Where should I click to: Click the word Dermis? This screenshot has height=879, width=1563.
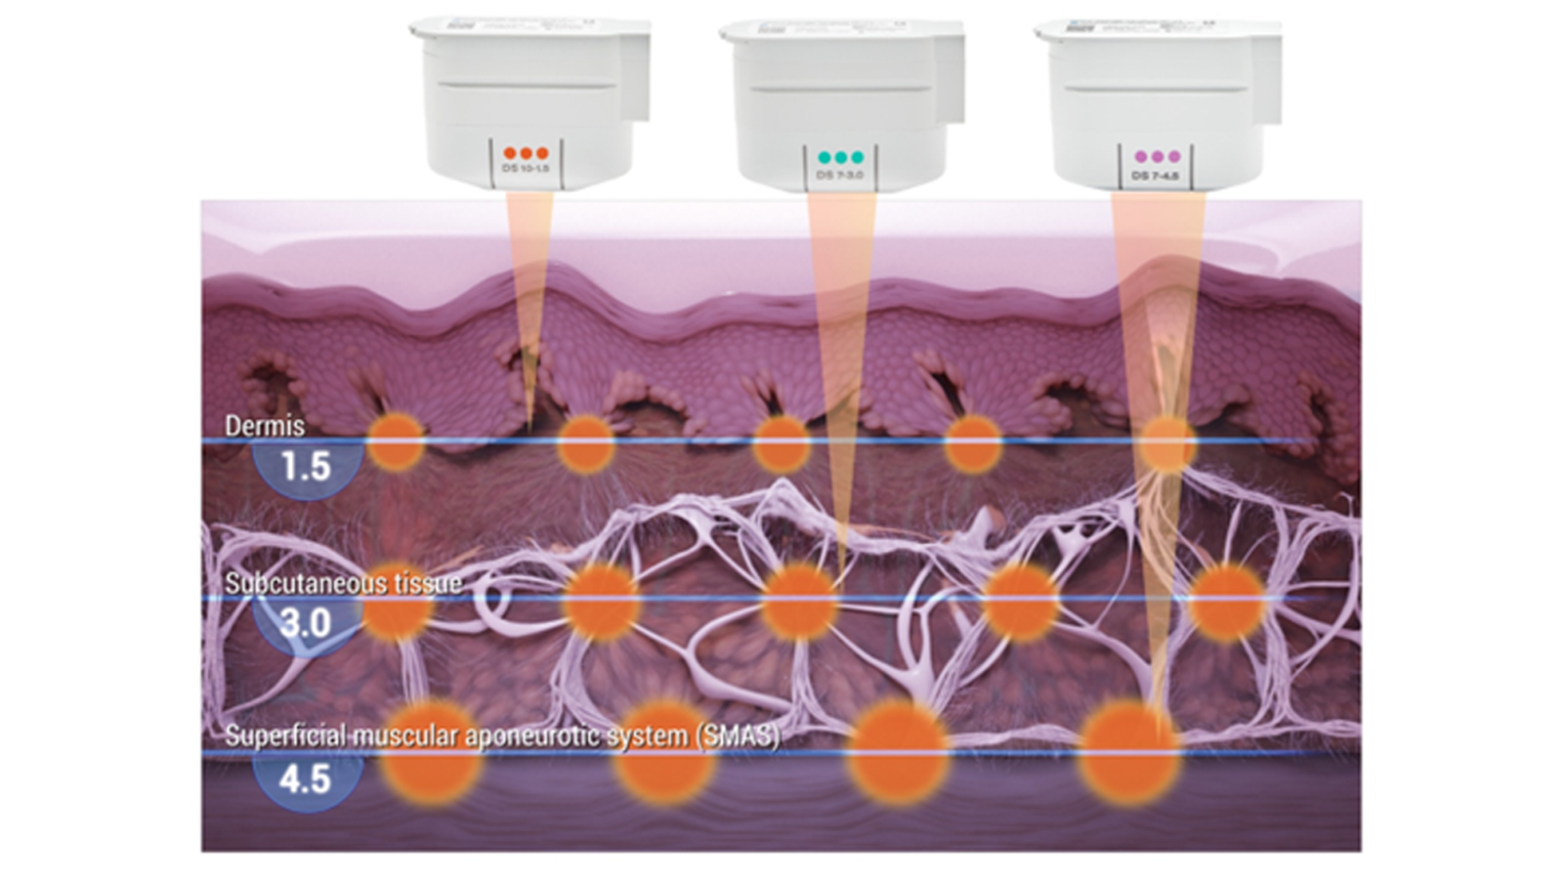tap(265, 426)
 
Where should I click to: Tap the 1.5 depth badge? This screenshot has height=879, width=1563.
tap(306, 467)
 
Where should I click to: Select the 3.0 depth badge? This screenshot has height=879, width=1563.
tap(306, 623)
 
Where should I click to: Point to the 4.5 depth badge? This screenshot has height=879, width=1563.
tap(306, 779)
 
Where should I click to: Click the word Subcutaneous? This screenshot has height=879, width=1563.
tap(302, 583)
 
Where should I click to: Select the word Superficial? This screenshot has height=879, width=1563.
tap(284, 735)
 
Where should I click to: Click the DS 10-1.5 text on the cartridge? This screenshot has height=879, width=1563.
tap(526, 169)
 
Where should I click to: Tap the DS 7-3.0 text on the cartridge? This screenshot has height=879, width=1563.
tap(840, 175)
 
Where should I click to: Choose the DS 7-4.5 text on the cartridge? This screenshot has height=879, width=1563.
tap(1156, 176)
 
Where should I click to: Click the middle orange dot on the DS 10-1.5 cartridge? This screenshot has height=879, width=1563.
tap(526, 153)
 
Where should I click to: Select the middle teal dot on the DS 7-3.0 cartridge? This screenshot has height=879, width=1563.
tap(841, 157)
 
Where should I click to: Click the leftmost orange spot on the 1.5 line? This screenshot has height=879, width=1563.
tap(396, 441)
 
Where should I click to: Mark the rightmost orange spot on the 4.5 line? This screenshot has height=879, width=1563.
tap(1128, 751)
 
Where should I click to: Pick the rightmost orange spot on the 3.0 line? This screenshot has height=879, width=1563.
tap(1226, 601)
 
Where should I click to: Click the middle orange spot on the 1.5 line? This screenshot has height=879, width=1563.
tap(781, 442)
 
